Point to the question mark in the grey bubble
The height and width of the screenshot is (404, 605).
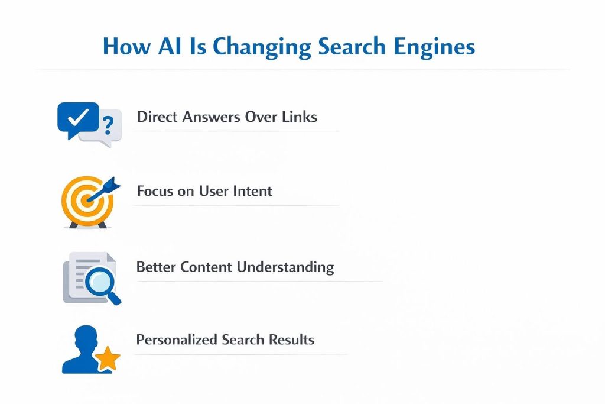[x=108, y=125]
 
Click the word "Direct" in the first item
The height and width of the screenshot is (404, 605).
[x=157, y=117]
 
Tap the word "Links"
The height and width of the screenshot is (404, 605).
[x=300, y=117]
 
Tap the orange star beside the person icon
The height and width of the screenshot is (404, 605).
[x=108, y=358]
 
